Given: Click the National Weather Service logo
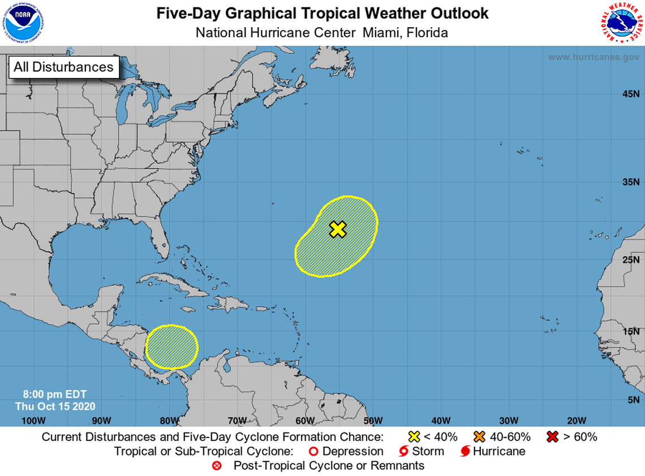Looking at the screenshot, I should tap(621, 22).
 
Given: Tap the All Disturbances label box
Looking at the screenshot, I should tap(63, 67).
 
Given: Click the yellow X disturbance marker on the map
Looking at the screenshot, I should tap(338, 229).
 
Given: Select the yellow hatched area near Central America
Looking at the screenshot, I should tap(172, 347).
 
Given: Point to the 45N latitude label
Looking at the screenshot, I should tap(630, 94).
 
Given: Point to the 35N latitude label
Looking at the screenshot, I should tap(630, 182).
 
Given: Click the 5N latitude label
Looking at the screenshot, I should tap(633, 400).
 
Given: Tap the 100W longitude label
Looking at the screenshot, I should tap(33, 420).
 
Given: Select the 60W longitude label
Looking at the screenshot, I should tap(305, 420).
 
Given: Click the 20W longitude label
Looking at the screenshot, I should tap(576, 420).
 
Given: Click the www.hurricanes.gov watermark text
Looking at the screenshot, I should tap(593, 57).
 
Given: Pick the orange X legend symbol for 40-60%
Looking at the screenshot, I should tap(480, 436).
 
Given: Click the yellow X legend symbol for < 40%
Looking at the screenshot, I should tap(414, 436).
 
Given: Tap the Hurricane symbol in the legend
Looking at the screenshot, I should tap(465, 451).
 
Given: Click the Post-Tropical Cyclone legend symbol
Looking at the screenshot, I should tap(216, 466).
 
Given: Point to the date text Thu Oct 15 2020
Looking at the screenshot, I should tap(55, 406).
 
